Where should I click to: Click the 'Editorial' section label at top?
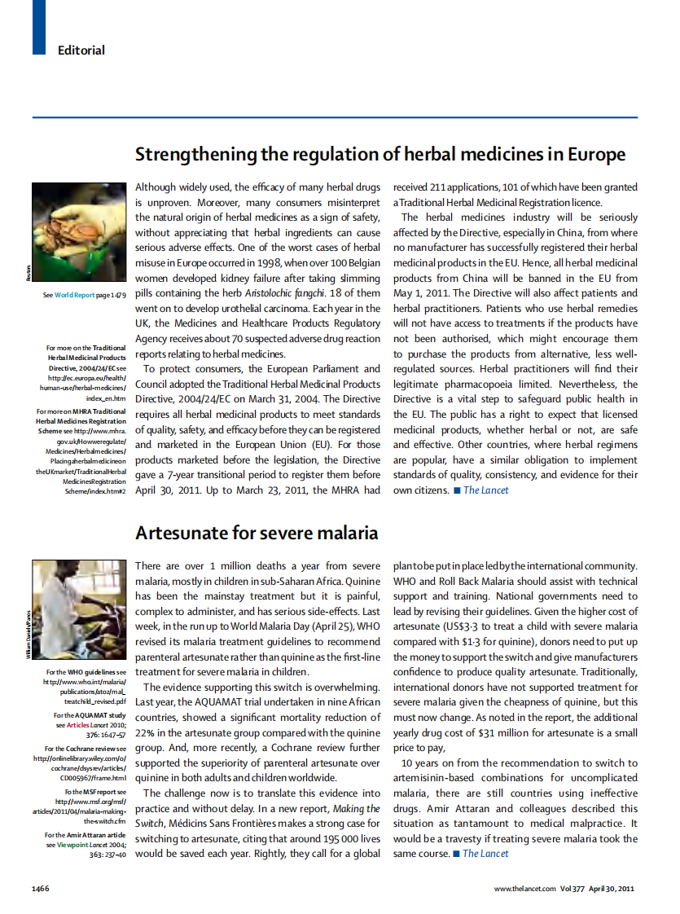coord(81,51)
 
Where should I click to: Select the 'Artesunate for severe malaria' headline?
coord(257,534)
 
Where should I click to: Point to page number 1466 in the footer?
coord(43,888)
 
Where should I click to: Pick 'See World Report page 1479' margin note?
coord(85,295)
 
